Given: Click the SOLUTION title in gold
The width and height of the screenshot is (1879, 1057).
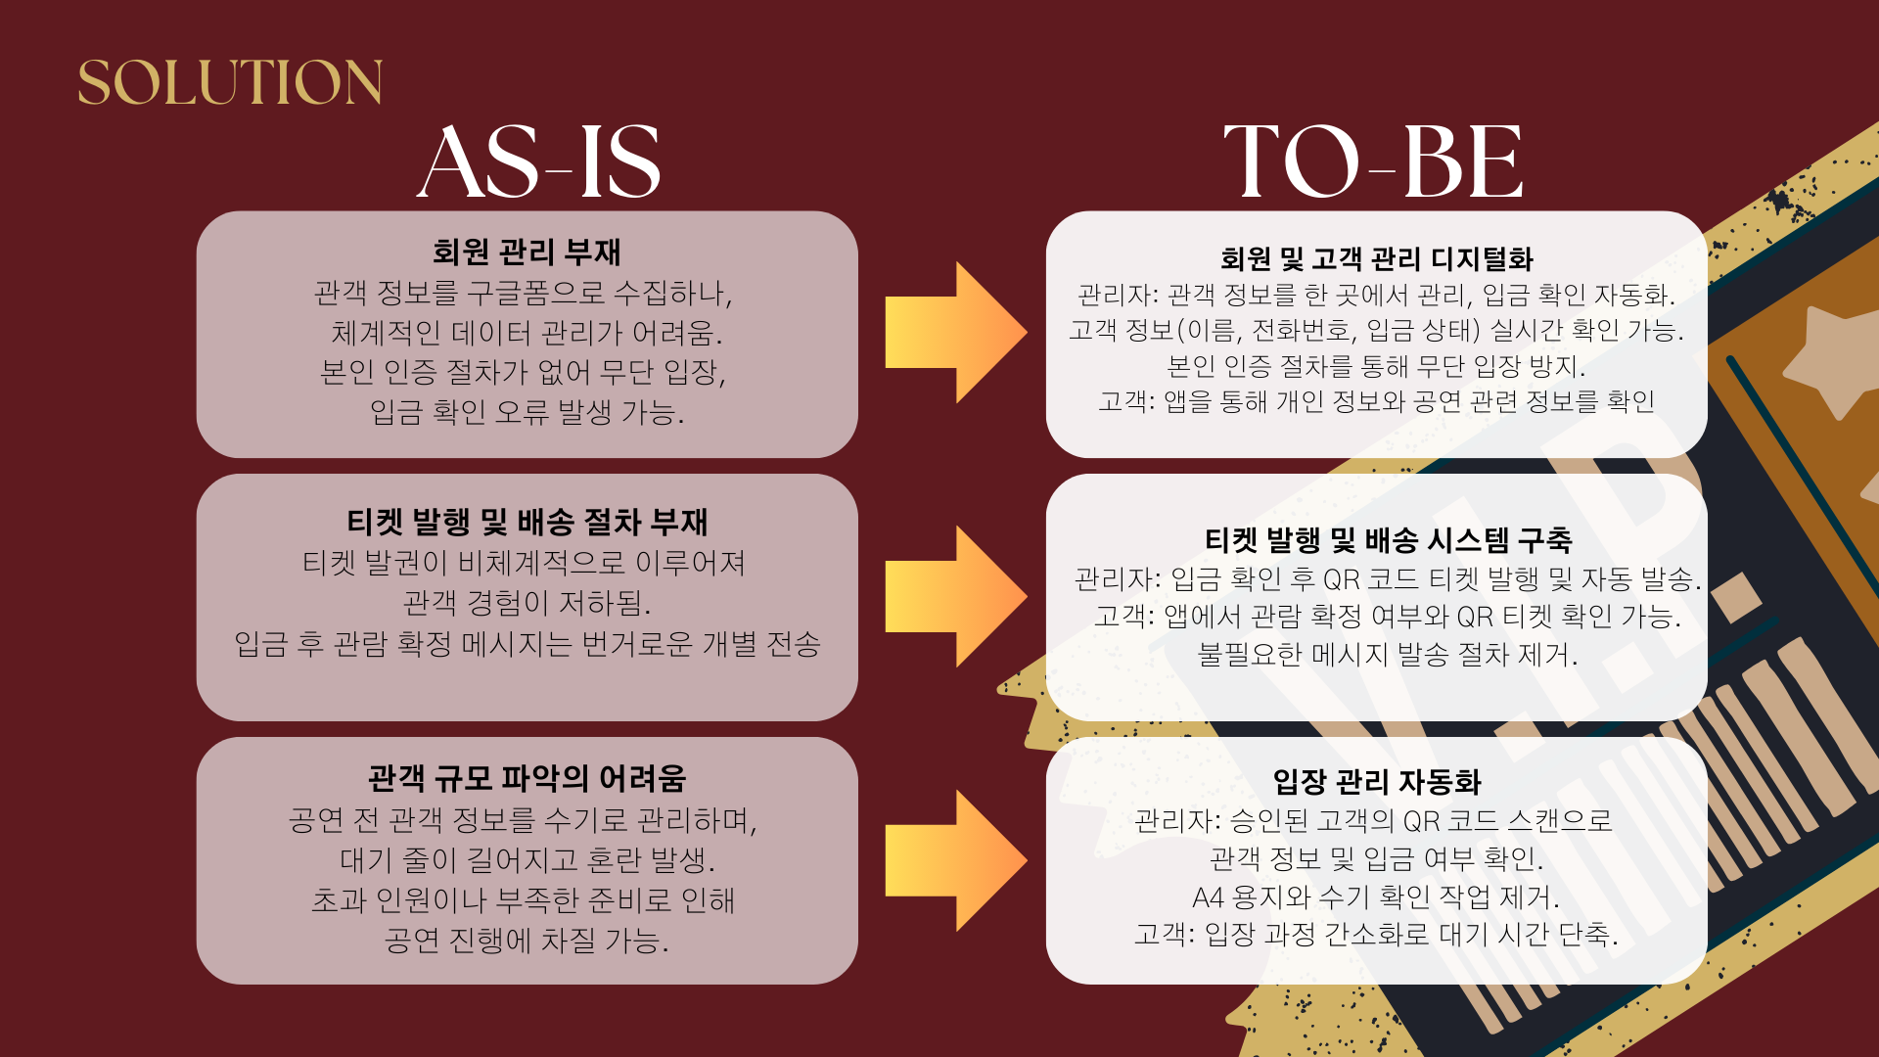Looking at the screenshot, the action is tap(230, 82).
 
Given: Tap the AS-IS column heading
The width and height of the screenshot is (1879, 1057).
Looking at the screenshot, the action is tap(539, 162).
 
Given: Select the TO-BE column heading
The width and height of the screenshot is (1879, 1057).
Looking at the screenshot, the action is tap(1373, 162).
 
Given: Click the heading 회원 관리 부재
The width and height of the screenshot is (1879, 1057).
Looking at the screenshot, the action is tap(527, 253).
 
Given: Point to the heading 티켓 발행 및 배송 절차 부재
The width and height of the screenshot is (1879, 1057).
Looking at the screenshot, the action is tap(527, 523).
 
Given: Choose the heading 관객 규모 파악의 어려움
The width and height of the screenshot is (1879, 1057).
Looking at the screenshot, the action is tap(527, 779).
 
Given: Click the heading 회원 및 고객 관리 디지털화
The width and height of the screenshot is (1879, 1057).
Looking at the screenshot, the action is tap(1376, 259).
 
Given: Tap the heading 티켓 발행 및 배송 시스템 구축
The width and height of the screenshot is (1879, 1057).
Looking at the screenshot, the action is tap(1388, 540).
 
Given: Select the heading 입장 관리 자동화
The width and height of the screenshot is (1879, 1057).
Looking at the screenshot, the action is tap(1376, 782).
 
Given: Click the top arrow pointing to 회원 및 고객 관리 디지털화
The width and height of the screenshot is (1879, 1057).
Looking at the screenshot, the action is tap(954, 333).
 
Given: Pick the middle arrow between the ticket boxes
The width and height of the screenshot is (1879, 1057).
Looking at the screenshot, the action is tap(954, 596).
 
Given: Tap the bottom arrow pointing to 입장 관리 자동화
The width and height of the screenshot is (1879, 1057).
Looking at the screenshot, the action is tap(954, 860).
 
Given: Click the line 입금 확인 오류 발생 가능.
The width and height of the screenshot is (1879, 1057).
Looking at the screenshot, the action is tap(527, 412).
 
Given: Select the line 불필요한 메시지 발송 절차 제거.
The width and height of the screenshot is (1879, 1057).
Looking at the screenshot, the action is tap(1388, 654).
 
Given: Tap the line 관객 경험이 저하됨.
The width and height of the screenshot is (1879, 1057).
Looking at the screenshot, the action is tap(527, 603).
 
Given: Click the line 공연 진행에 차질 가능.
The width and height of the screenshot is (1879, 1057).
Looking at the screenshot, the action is tap(527, 941).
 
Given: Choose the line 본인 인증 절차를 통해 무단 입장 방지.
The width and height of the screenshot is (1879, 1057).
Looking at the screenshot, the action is tap(1376, 366).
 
